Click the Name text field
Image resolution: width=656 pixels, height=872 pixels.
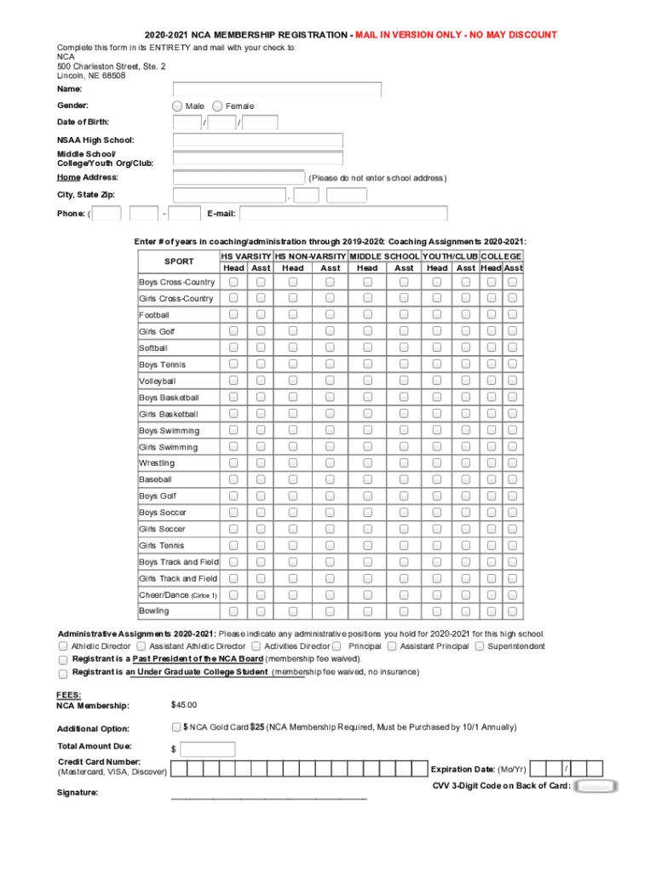click(x=277, y=89)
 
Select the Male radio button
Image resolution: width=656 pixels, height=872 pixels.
click(x=177, y=106)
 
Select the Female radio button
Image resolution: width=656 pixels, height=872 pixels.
click(x=218, y=106)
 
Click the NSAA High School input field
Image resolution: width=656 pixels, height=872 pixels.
click(x=257, y=141)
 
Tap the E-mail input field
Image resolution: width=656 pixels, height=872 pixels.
click(x=343, y=214)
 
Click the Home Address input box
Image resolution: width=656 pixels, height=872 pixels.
click(x=239, y=177)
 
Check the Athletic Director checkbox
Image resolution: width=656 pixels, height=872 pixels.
click(x=63, y=646)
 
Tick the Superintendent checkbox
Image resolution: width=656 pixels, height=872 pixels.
click(x=480, y=646)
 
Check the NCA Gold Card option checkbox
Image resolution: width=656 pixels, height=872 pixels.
click(x=176, y=727)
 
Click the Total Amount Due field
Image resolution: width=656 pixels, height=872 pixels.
click(x=208, y=749)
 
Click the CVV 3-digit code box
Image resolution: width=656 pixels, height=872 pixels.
click(x=596, y=786)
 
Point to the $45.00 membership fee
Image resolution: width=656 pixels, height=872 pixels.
click(x=184, y=705)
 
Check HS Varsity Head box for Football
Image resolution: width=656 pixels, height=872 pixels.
click(x=233, y=315)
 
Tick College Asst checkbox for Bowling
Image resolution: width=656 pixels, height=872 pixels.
click(x=513, y=611)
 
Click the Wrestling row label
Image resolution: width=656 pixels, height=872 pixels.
click(x=157, y=463)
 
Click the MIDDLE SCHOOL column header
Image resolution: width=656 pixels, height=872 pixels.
click(x=385, y=256)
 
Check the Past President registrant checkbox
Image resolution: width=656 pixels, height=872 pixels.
click(x=63, y=660)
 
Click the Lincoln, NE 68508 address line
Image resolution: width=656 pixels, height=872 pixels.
click(x=91, y=75)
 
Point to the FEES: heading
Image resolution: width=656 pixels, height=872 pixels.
click(x=69, y=695)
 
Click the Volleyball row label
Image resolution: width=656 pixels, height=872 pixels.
click(x=158, y=381)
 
